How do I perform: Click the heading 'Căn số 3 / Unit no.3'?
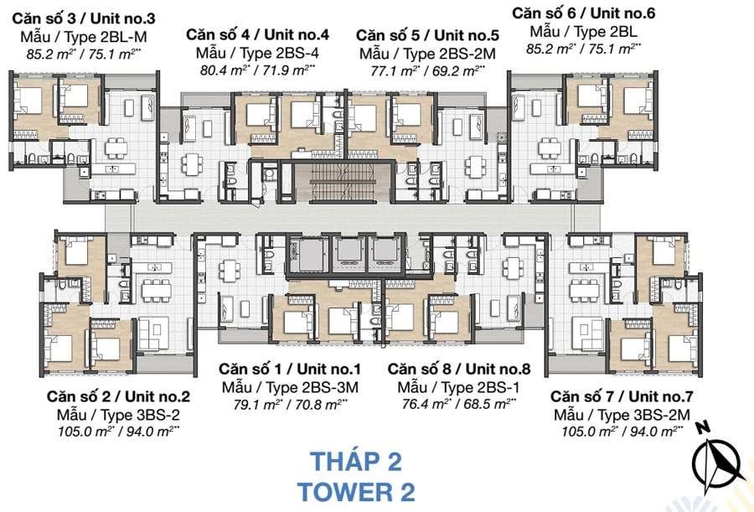[x=84, y=18]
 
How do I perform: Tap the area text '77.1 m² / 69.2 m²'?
[x=427, y=70]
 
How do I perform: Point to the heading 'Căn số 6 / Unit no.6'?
[x=583, y=13]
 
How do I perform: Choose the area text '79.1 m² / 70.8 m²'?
[x=291, y=404]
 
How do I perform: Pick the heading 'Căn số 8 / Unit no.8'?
[x=459, y=369]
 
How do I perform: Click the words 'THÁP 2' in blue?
[x=356, y=462]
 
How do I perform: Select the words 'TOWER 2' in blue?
[x=356, y=492]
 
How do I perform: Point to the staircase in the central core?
[x=344, y=183]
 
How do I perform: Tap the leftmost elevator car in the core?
[x=307, y=252]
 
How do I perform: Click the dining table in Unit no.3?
[x=116, y=147]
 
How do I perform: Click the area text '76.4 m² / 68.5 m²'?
[x=459, y=404]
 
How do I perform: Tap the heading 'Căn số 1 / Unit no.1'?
[x=290, y=369]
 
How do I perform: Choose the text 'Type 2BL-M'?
[x=106, y=37]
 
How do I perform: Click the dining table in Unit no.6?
[x=550, y=147]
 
